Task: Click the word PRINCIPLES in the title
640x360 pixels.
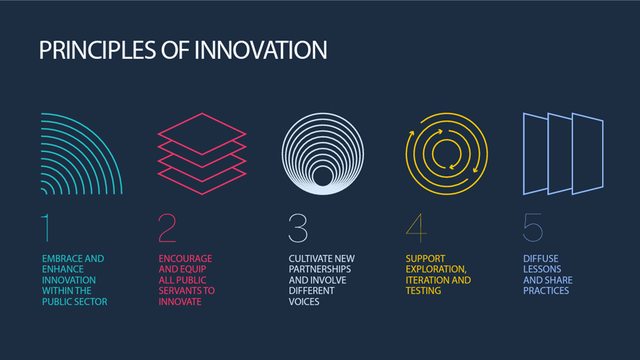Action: point(97,50)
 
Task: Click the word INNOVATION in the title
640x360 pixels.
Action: point(261,50)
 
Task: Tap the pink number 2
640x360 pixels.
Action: point(167,227)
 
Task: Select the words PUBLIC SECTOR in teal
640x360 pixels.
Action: point(74,301)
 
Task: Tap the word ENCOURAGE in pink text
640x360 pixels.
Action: point(185,258)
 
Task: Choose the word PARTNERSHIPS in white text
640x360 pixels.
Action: point(319,269)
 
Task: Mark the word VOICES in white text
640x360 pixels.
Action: point(304,301)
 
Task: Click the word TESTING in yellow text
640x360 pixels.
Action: point(423,290)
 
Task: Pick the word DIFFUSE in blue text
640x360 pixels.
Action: point(541,258)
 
